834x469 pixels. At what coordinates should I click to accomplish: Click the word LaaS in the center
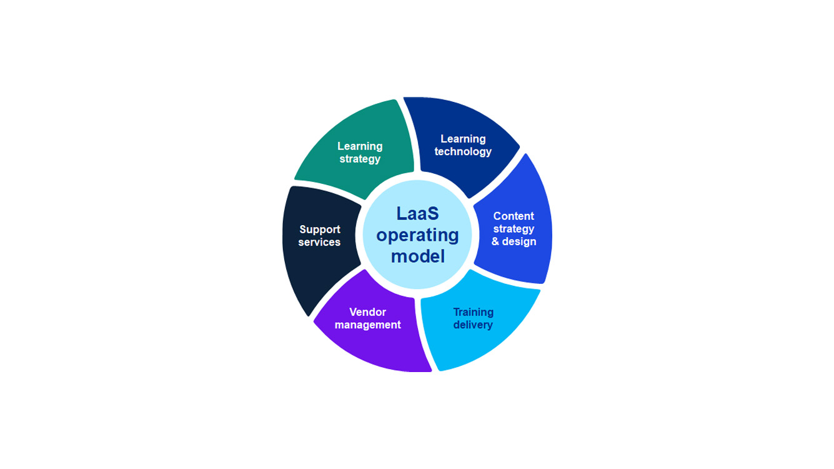click(x=417, y=213)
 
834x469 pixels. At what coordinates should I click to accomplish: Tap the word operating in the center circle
click(x=417, y=235)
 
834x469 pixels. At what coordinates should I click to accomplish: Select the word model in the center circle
click(x=417, y=256)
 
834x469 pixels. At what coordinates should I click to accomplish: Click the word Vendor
click(x=367, y=312)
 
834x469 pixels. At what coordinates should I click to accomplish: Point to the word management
click(x=367, y=325)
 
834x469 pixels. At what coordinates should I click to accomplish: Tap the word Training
click(x=473, y=312)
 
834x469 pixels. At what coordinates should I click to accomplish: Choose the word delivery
click(x=473, y=325)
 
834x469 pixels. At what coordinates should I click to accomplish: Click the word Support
click(x=319, y=229)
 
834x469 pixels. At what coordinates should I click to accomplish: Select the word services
click(x=319, y=243)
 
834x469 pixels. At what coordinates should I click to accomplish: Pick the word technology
click(x=463, y=152)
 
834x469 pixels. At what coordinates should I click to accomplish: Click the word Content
click(x=514, y=216)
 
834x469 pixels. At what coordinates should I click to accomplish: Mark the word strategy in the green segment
click(x=360, y=159)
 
